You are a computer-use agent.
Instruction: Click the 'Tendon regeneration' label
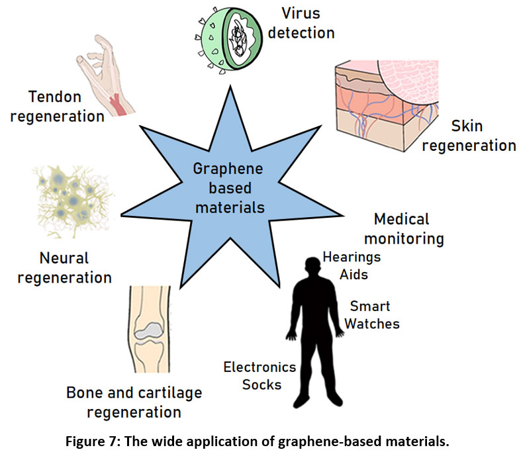[x=67, y=107]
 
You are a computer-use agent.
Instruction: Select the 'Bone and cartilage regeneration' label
[x=134, y=402]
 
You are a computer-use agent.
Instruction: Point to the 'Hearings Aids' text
[x=351, y=265]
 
